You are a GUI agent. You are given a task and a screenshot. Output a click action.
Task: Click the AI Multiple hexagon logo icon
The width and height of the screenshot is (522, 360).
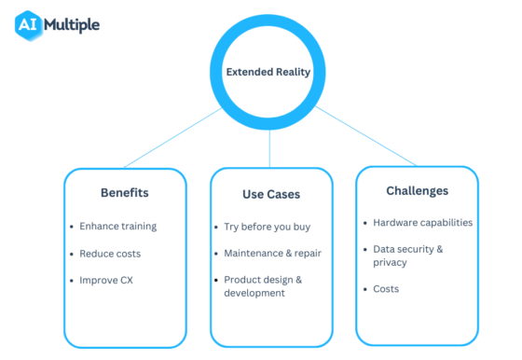tap(29, 24)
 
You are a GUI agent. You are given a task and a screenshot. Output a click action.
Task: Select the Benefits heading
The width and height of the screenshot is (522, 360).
tap(125, 193)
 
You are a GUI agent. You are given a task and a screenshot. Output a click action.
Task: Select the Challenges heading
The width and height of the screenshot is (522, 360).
tap(417, 190)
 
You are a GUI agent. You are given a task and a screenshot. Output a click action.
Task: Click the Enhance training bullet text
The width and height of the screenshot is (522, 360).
tap(117, 226)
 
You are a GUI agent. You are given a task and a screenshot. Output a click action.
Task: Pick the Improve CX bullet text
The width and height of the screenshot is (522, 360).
tap(106, 280)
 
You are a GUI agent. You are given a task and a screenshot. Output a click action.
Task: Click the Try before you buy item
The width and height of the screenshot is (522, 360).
tap(268, 227)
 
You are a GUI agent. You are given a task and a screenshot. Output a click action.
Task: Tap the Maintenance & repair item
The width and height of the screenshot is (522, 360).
tap(273, 253)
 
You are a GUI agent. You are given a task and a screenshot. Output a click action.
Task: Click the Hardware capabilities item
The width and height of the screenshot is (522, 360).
tap(422, 223)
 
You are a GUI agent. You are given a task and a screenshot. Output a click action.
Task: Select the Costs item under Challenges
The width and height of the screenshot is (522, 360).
tap(386, 289)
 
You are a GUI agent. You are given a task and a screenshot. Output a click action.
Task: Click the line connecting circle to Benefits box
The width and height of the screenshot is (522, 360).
tap(172, 139)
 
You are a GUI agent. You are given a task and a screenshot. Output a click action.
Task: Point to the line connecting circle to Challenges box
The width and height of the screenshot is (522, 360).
tap(366, 137)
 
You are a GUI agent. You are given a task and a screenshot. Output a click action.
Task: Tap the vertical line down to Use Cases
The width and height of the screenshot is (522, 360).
tap(270, 145)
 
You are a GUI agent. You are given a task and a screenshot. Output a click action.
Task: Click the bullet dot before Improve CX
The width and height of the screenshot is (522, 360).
tap(72, 280)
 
